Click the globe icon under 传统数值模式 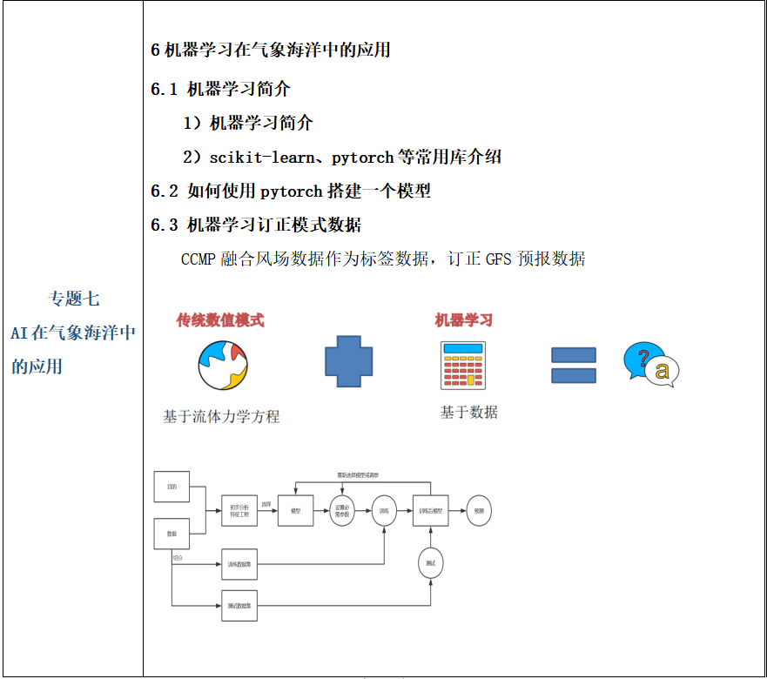(x=223, y=366)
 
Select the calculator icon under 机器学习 (x=463, y=365)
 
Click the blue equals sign (x=574, y=366)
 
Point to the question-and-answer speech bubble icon (x=650, y=365)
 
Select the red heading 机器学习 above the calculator (x=464, y=320)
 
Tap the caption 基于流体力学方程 (x=221, y=416)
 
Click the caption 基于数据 (x=468, y=412)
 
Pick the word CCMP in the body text (x=198, y=259)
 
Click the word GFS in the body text (x=500, y=259)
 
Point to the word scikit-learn (x=260, y=158)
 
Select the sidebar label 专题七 (x=73, y=299)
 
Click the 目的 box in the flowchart (x=172, y=487)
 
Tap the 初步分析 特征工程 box (x=239, y=511)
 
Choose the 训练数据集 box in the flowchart (x=239, y=564)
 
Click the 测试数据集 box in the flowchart (x=239, y=606)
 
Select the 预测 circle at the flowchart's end (x=479, y=511)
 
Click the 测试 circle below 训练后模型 (x=430, y=563)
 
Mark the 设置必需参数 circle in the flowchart (x=342, y=511)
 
